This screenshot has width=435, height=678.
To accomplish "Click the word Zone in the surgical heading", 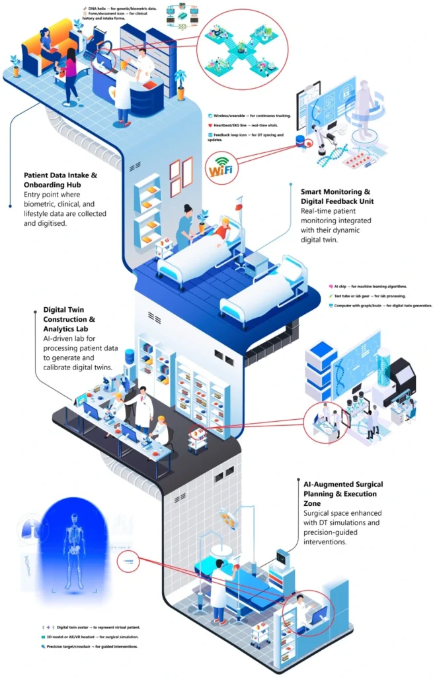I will [x=315, y=503].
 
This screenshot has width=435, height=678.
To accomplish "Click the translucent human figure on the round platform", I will [x=362, y=107].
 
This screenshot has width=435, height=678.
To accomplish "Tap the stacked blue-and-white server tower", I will [x=322, y=371].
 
